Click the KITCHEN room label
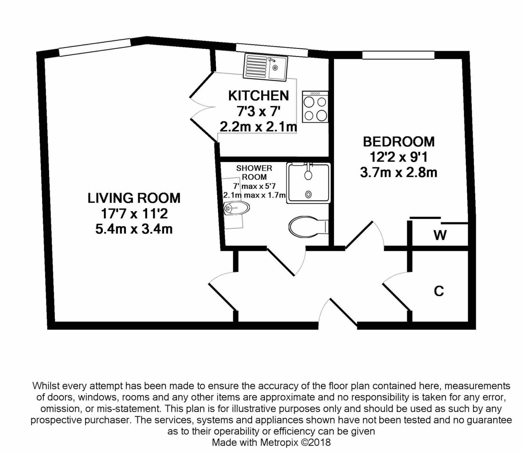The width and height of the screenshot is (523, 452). point(258,95)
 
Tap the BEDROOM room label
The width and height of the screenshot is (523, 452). point(398,142)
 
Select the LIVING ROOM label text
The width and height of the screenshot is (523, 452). point(134,198)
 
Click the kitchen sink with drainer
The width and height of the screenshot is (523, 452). point(265,67)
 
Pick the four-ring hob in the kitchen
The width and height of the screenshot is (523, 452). point(315,107)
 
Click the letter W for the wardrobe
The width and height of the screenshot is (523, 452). point(440,235)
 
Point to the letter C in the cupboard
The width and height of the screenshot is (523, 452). point(439,291)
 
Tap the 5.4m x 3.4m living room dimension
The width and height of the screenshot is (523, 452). point(134,229)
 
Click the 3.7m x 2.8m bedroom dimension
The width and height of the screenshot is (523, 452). point(398,172)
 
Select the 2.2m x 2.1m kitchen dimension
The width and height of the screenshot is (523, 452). point(258,127)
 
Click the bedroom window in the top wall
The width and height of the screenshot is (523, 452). point(398,55)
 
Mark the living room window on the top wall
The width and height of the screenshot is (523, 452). point(95,47)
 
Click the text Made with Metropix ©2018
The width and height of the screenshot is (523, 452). point(271,442)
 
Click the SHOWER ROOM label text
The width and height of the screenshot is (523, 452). point(254,172)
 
